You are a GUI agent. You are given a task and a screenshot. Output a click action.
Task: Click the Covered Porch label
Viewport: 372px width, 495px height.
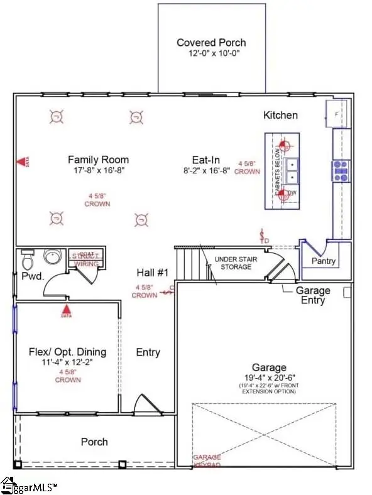tap(211, 43)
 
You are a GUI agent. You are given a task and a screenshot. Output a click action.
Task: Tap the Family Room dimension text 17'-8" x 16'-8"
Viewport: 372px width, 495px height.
tap(98, 170)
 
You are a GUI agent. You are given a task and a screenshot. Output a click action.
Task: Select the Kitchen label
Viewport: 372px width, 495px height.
tap(280, 115)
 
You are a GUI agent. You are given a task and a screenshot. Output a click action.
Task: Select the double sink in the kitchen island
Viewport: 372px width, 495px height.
tap(292, 170)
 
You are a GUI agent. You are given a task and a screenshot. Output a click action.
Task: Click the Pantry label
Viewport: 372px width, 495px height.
tap(324, 261)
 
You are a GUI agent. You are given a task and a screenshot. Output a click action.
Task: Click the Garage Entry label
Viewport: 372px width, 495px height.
tap(312, 295)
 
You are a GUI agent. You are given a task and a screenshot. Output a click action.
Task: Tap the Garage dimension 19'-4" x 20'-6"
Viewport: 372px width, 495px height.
tap(269, 378)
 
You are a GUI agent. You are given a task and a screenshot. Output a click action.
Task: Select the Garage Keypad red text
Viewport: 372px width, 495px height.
tap(207, 461)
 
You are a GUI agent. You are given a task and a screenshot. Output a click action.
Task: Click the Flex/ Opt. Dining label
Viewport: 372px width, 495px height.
tap(68, 352)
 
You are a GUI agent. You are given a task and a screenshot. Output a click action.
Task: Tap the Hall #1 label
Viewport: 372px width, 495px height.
tap(153, 273)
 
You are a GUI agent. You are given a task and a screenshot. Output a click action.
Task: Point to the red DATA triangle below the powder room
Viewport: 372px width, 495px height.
tap(66, 308)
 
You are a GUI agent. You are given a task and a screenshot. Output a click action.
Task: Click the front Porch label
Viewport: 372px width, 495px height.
tap(94, 442)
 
